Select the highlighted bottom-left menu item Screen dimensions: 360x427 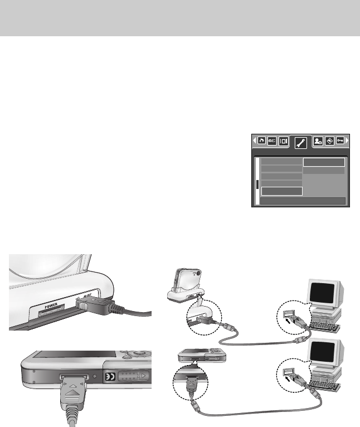click(x=282, y=191)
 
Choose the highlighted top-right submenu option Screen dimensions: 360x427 click(x=324, y=162)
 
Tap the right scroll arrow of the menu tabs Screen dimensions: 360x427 click(x=349, y=142)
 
